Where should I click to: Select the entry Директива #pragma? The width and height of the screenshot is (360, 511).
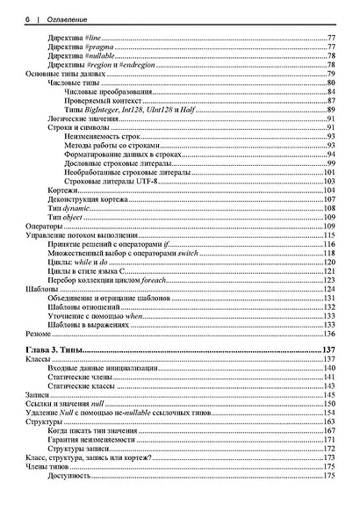coord(80,47)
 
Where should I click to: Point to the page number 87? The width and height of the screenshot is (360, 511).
coord(332,101)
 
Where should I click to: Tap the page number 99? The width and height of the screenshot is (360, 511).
coord(332,164)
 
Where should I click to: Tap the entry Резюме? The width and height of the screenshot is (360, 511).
coord(40,335)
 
